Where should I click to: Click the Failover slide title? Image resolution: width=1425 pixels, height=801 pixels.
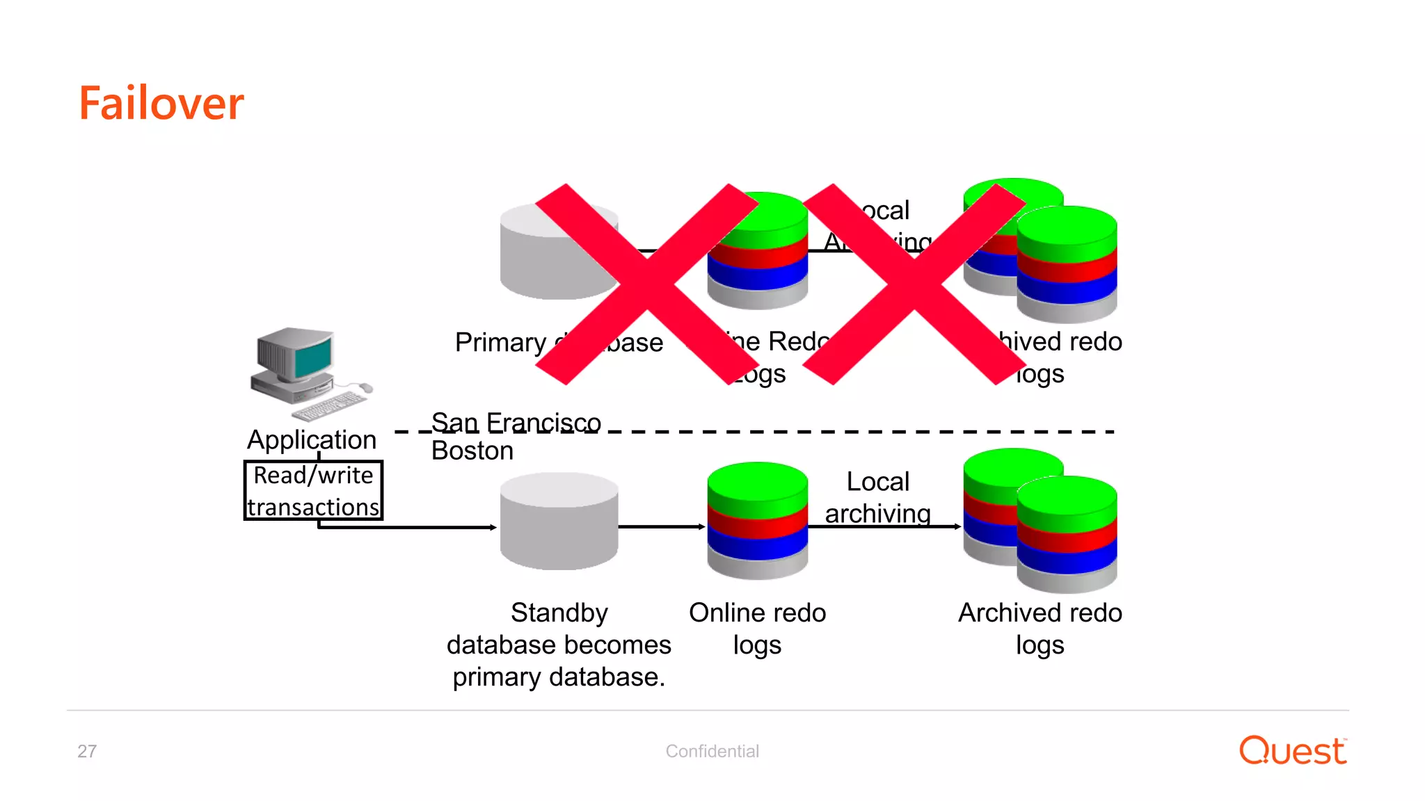point(161,104)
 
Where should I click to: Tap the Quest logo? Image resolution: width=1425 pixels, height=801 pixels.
point(1293,751)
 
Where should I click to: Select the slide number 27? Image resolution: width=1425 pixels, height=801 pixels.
point(87,751)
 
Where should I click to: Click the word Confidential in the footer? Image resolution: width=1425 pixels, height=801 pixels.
point(712,751)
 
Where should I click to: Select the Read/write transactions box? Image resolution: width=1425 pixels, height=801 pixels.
point(313,490)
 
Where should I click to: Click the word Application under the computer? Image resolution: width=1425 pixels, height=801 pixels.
point(312,439)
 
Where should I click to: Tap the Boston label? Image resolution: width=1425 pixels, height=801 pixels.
point(472,451)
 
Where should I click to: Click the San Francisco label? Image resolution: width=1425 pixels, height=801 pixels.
point(516,421)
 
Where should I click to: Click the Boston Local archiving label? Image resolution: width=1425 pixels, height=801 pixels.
point(877,497)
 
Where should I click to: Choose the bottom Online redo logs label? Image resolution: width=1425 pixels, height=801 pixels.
point(757,628)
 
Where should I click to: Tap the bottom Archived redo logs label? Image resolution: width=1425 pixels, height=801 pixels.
point(1040,628)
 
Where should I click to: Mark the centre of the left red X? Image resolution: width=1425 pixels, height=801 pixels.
point(647,284)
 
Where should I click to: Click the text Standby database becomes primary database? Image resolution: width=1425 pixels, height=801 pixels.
point(559,644)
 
